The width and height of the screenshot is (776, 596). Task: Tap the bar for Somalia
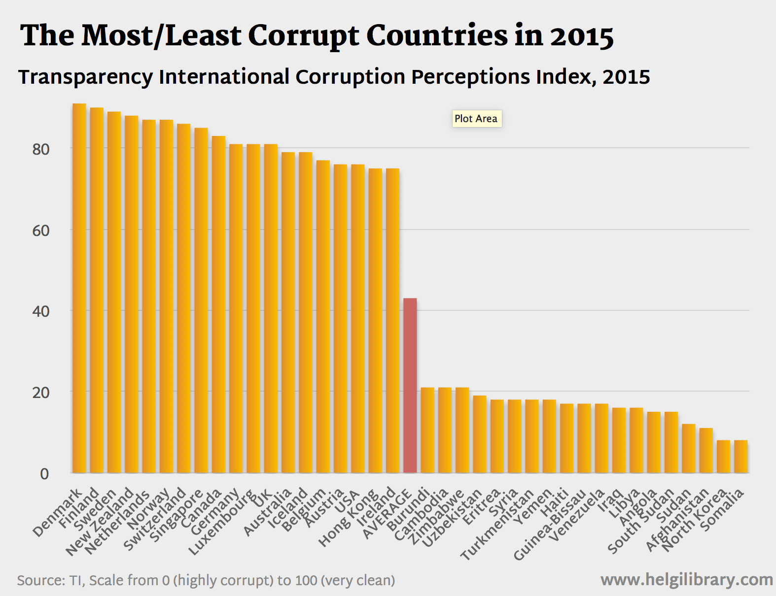[741, 457]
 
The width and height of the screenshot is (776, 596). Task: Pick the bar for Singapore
[201, 300]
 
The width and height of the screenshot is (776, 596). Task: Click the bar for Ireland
[392, 321]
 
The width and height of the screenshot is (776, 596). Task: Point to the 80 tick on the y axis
[41, 149]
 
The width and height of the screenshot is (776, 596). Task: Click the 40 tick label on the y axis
[41, 311]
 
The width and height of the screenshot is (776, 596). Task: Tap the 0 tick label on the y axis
[44, 474]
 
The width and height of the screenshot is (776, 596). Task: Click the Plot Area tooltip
[476, 119]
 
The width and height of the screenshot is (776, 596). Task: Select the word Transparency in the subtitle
[85, 77]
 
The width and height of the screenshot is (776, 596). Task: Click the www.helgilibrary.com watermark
[686, 580]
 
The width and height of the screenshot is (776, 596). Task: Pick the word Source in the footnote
[38, 580]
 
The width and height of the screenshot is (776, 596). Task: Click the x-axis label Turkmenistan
[497, 525]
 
